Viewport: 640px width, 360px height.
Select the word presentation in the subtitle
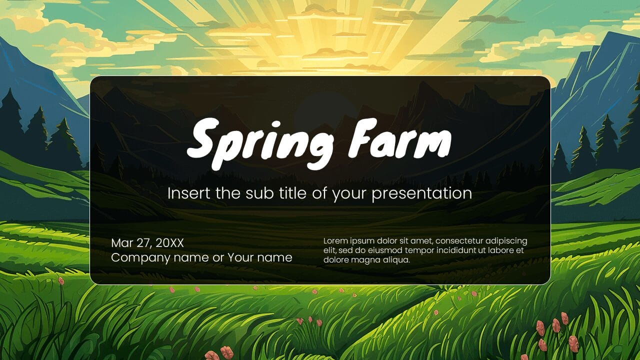pyautogui.click(x=421, y=193)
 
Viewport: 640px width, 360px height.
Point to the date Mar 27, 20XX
pyautogui.click(x=147, y=243)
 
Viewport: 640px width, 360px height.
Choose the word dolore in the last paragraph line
pyautogui.click(x=336, y=260)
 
